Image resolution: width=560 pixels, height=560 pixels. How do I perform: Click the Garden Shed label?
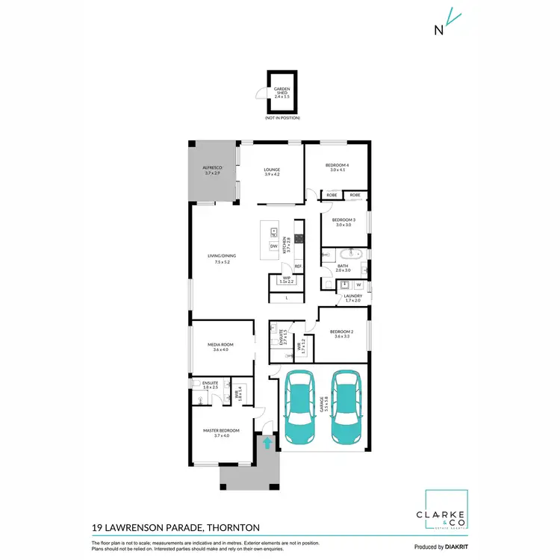pos(281,93)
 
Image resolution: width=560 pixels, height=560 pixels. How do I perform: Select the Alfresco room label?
pos(213,170)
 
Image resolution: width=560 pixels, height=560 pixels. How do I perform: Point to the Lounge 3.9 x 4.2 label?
pos(272,172)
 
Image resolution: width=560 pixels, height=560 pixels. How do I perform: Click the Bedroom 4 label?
pos(336,167)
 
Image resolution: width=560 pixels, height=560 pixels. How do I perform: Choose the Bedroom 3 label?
pos(343,222)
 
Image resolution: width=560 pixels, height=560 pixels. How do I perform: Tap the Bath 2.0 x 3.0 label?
pos(343,267)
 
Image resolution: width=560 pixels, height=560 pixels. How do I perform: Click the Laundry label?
pos(352,298)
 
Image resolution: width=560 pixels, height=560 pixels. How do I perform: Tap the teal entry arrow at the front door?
pos(267,444)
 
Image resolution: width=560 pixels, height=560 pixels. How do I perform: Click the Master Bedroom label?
pos(221,433)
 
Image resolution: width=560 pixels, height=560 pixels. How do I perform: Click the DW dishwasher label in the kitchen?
pos(274,246)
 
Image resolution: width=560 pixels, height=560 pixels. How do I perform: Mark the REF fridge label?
pos(297,267)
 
